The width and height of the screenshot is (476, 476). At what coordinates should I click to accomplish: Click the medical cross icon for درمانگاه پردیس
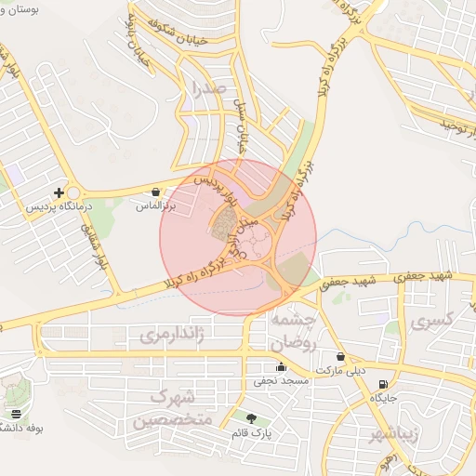tap(59, 192)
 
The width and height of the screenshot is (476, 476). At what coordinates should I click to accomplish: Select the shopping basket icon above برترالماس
tap(155, 192)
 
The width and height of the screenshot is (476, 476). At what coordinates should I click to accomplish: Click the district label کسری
tap(431, 323)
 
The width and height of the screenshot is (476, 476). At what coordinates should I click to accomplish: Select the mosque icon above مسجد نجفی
tap(281, 367)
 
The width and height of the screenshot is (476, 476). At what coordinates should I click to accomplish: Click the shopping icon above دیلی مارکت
tap(341, 356)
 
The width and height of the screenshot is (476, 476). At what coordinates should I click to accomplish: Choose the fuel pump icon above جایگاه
tap(384, 384)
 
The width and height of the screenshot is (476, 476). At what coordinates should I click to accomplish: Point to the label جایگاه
tap(384, 398)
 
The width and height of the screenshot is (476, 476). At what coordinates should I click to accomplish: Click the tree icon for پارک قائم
tap(251, 418)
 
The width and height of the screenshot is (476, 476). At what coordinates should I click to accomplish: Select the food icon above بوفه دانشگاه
tap(16, 414)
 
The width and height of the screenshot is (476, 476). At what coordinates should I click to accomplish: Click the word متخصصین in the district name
tap(172, 421)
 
